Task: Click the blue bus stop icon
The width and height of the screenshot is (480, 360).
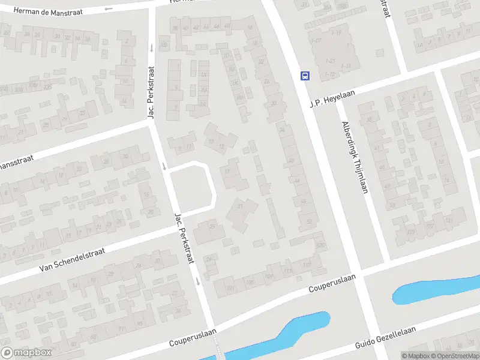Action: coord(305,76)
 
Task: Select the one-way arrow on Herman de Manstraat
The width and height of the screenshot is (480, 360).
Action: coord(108,8)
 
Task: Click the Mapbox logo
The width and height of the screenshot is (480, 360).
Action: coord(26,353)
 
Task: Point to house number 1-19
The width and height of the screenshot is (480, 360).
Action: coord(335,32)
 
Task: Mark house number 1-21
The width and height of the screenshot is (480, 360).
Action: coord(329,61)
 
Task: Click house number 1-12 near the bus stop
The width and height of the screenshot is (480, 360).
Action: coord(329,74)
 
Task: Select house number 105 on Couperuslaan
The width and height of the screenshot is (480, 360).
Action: coord(249,281)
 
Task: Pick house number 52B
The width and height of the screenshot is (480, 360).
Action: coord(320,245)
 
